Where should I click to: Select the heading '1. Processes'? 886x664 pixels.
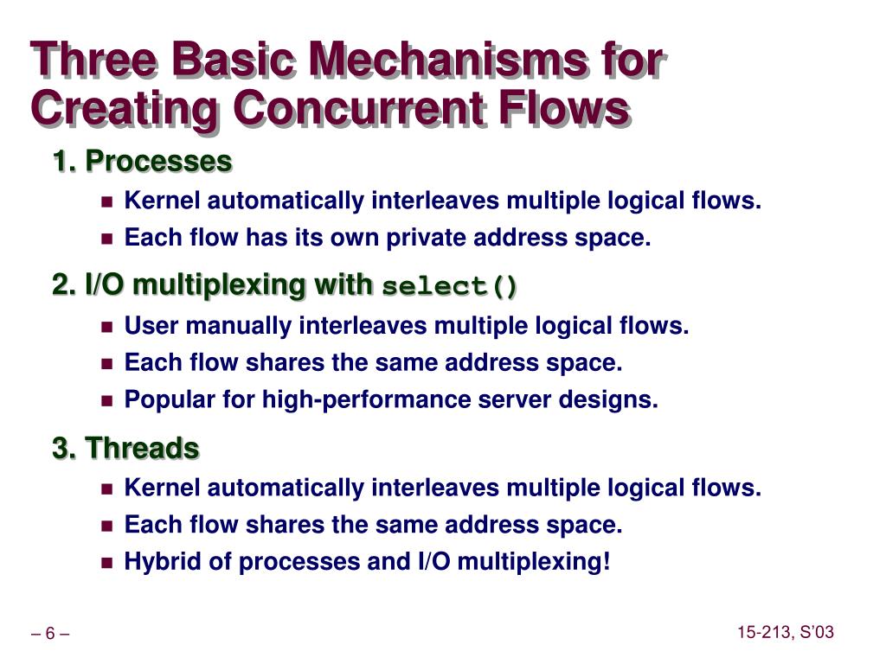point(143,161)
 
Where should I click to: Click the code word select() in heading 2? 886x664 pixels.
point(450,286)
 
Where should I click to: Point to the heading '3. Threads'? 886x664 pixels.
point(126,448)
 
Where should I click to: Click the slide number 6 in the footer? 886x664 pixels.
point(50,635)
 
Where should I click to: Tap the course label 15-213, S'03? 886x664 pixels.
point(786,633)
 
